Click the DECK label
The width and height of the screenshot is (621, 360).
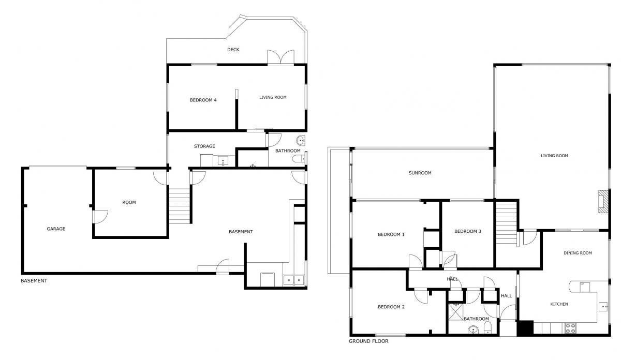coord(233,50)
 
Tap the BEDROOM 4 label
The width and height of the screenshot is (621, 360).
coord(203,100)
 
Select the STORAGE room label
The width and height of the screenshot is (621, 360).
coord(204,146)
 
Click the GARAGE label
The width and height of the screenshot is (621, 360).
coord(56,229)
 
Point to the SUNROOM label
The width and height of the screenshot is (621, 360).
coord(420,173)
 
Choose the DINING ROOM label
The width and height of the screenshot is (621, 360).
coord(578,253)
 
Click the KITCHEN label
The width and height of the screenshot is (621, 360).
coord(559,304)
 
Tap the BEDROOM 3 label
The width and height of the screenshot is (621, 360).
coord(468,231)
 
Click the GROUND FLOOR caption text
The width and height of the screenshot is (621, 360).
coord(368,341)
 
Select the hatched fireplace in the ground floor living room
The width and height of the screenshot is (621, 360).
coord(603,202)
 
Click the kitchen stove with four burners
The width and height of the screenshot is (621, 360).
coord(570,328)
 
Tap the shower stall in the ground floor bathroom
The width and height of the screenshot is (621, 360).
coord(456,312)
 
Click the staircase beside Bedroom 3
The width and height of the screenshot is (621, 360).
coord(506,223)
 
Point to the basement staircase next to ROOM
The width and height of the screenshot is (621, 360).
coord(180,206)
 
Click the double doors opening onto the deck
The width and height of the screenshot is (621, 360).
coord(280,57)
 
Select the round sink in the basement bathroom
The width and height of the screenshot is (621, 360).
coord(301,141)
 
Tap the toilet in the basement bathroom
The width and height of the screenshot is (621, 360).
coord(299,159)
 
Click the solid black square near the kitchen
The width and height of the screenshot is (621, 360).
coord(525,328)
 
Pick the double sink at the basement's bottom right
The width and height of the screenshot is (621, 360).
coord(293,280)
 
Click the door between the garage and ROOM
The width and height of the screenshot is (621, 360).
coord(100,217)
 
